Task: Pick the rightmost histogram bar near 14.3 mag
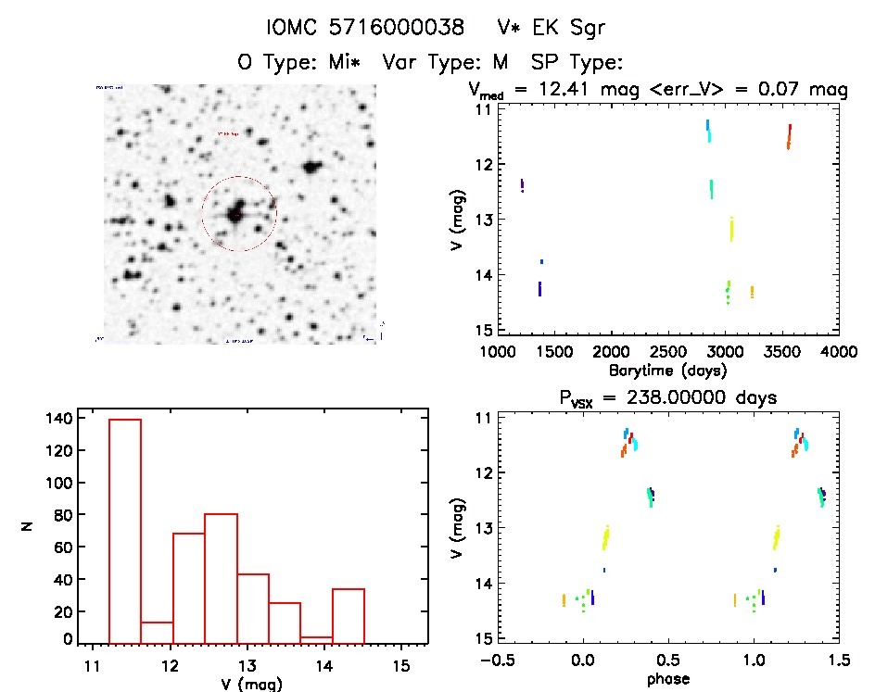348,615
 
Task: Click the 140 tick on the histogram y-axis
57,418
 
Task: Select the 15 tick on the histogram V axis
401,665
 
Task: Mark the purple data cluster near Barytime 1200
523,185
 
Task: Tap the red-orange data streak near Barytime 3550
789,136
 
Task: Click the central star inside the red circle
238,212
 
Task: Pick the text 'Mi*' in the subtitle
352,62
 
